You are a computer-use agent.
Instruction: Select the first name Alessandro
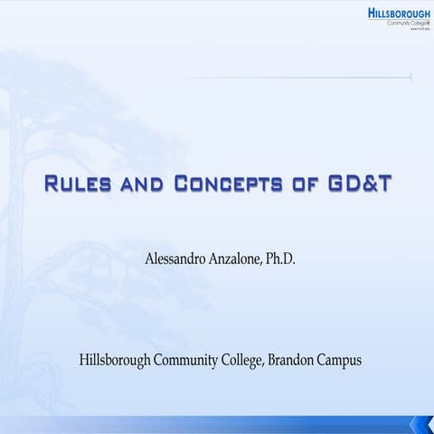point(178,260)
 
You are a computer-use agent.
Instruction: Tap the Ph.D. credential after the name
point(283,260)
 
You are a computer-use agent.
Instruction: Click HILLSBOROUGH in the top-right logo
point(401,13)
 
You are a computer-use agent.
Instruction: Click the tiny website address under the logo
point(417,30)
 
